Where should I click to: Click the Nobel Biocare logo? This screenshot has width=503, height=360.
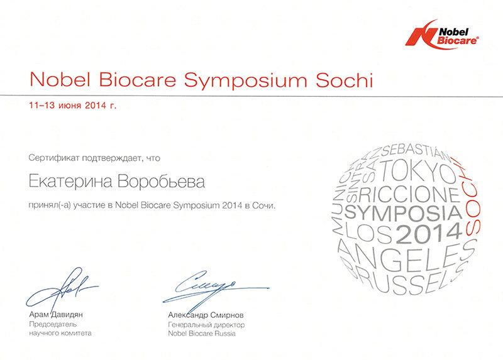click(x=443, y=35)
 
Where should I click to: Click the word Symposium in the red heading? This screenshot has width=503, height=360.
click(x=245, y=80)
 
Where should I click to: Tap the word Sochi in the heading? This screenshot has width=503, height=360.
click(x=344, y=80)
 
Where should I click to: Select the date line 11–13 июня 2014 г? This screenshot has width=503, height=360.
click(x=73, y=105)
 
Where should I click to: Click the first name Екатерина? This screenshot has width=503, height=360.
click(x=70, y=181)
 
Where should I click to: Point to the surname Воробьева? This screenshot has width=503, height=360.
click(x=161, y=182)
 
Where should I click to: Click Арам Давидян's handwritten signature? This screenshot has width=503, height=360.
click(x=61, y=288)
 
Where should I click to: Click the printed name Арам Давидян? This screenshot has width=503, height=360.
click(x=56, y=315)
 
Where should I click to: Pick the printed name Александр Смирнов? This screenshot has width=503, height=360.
click(x=206, y=315)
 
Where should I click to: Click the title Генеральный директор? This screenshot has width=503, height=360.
click(x=206, y=325)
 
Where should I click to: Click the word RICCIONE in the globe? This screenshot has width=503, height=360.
click(x=410, y=194)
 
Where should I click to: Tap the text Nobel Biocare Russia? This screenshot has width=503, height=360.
click(x=202, y=334)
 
